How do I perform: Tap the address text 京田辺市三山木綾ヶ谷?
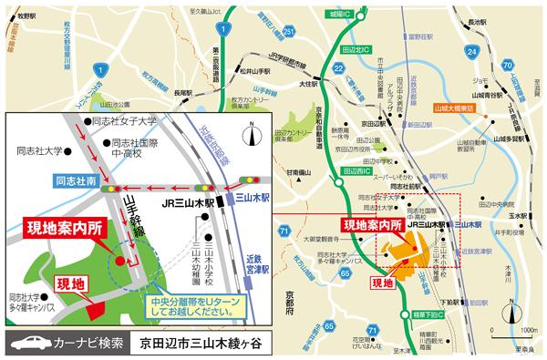click(201, 345)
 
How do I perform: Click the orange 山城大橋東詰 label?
click(458, 107)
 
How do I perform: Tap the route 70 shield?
click(507, 66)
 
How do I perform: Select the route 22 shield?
click(339, 69)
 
